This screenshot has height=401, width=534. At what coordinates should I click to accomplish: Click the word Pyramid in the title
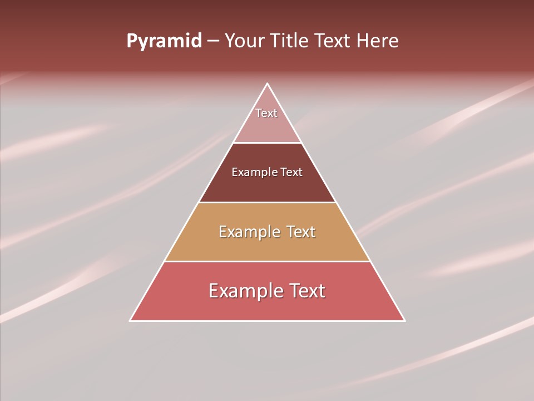(x=164, y=41)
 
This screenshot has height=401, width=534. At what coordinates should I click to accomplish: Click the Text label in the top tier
(x=266, y=113)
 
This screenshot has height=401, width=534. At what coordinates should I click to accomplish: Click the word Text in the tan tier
(x=301, y=232)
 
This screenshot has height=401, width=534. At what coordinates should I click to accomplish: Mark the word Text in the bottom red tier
(x=305, y=291)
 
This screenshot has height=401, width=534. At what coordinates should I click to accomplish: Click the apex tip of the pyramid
(x=268, y=84)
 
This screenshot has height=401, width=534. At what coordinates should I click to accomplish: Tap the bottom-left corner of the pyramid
(x=130, y=320)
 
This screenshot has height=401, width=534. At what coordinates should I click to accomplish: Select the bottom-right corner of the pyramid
(x=404, y=320)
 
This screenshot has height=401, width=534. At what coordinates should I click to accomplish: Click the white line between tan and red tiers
(x=268, y=261)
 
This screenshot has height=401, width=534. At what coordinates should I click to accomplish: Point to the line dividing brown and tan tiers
(x=268, y=202)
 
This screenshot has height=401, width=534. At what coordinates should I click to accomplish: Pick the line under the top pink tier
(x=268, y=143)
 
